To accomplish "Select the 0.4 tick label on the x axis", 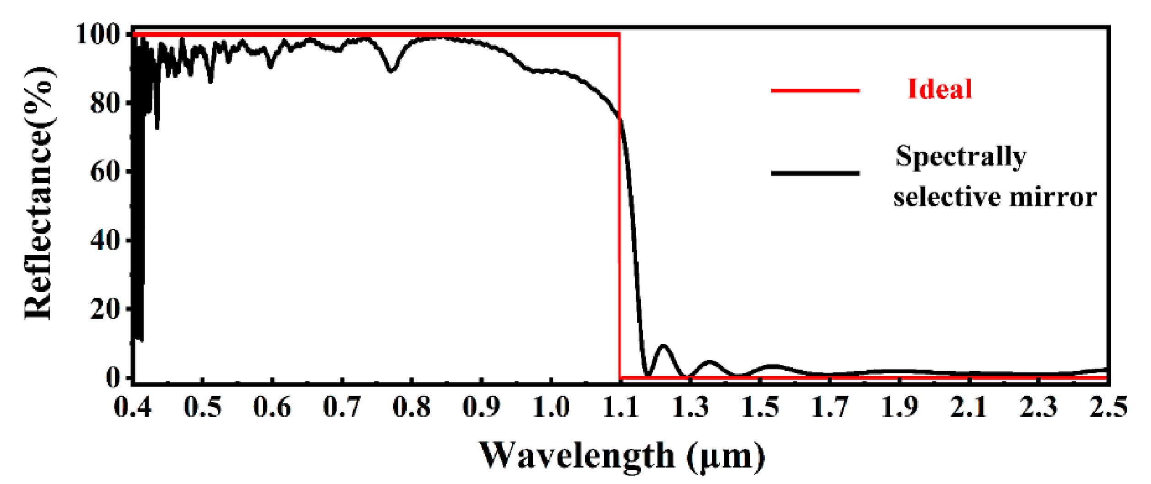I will pyautogui.click(x=133, y=406).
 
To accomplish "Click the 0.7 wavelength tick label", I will pyautogui.click(x=342, y=406).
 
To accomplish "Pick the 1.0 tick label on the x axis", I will pyautogui.click(x=551, y=406).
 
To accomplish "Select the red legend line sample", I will pyautogui.click(x=815, y=91).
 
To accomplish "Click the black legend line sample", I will pyautogui.click(x=815, y=173).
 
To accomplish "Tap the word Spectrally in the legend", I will pyautogui.click(x=961, y=157).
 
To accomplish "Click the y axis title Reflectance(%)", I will pyautogui.click(x=39, y=193).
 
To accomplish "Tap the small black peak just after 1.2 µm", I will pyautogui.click(x=663, y=346).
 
